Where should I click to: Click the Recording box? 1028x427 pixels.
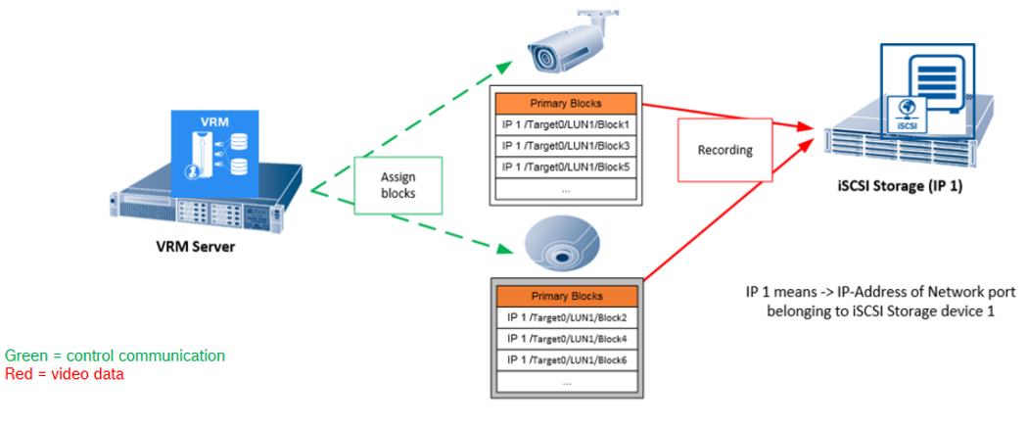(x=724, y=151)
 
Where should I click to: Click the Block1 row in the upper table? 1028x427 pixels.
(x=566, y=125)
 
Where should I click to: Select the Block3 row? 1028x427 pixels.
(x=566, y=146)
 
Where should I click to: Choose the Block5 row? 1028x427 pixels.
(x=566, y=166)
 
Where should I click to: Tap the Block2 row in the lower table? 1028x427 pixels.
(x=566, y=317)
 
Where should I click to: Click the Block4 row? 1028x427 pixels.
(x=566, y=339)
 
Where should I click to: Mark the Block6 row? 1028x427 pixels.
(x=566, y=359)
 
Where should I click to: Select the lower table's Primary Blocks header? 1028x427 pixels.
(x=566, y=296)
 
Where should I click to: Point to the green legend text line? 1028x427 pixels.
(x=116, y=356)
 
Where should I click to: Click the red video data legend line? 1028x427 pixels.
(x=65, y=373)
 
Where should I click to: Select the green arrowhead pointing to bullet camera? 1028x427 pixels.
(x=506, y=66)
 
